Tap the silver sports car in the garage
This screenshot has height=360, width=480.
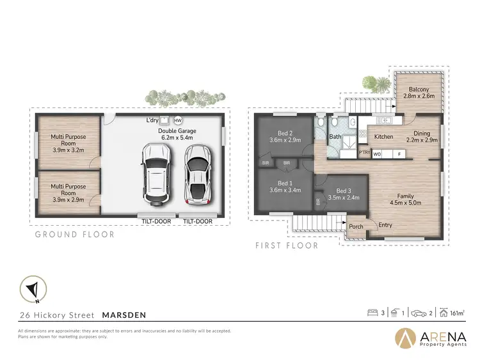(196, 174)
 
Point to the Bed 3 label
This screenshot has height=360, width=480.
(344, 190)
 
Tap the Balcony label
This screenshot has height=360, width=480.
(419, 89)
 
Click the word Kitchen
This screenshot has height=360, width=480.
(383, 137)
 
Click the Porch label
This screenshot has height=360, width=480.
(355, 226)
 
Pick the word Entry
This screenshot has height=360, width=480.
(385, 224)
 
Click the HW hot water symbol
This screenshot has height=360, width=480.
(178, 120)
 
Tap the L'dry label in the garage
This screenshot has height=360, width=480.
(152, 120)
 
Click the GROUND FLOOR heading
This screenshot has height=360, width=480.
(75, 235)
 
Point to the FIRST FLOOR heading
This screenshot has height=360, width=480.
(287, 245)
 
